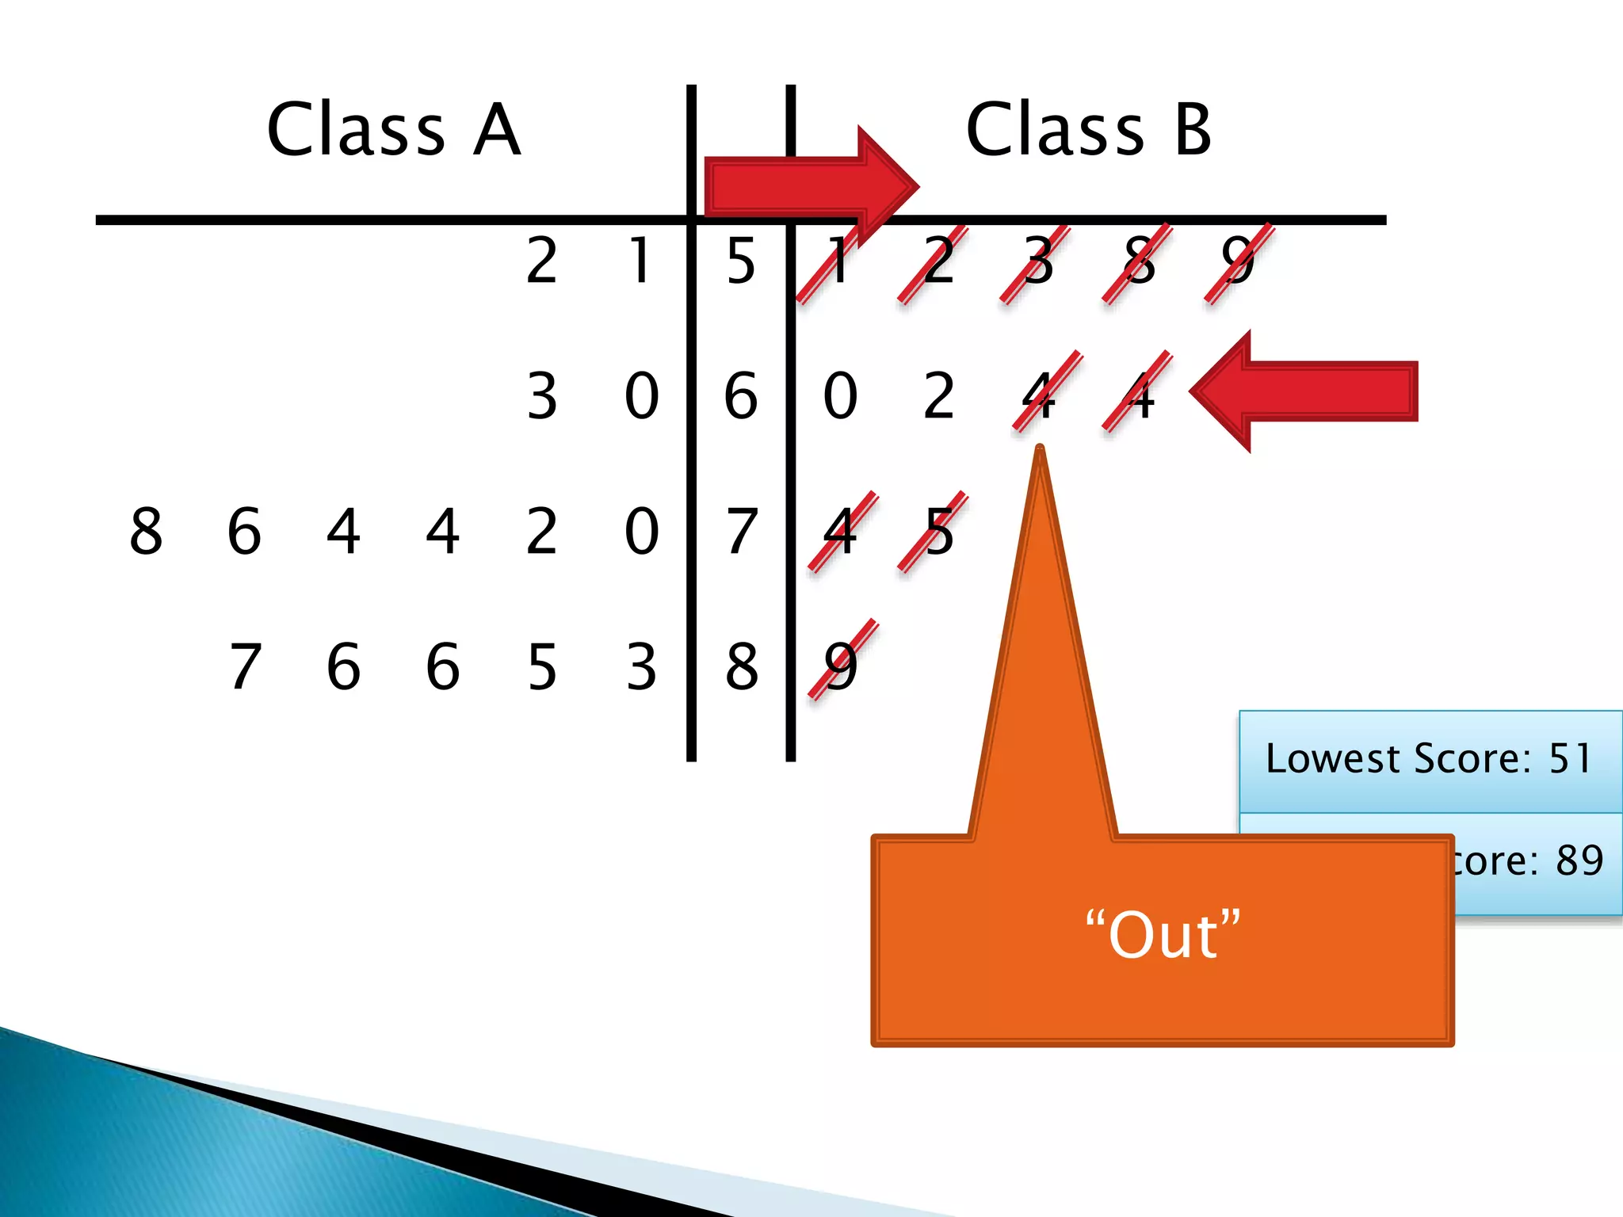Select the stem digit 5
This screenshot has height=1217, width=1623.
click(741, 261)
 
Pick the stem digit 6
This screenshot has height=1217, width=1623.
click(741, 396)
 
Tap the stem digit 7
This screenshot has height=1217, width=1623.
click(741, 532)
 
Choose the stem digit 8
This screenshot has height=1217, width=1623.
click(741, 666)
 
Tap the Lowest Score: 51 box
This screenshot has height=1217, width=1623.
click(1430, 759)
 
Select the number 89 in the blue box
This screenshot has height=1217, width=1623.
click(1579, 860)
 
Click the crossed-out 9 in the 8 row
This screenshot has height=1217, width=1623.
click(841, 665)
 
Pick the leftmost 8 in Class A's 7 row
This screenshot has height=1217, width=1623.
click(146, 532)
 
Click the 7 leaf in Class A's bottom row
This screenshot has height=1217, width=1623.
click(245, 666)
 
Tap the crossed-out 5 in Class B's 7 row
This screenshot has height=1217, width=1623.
click(938, 532)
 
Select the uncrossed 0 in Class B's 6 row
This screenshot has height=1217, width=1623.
click(840, 396)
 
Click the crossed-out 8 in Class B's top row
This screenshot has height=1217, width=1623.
click(1138, 261)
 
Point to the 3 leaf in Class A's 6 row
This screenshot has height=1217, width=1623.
click(542, 396)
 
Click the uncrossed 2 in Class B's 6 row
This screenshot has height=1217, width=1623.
click(938, 396)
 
